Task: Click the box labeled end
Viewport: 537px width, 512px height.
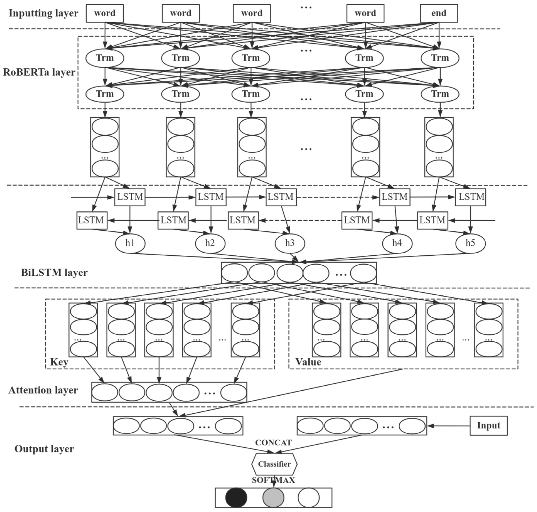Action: click(x=439, y=13)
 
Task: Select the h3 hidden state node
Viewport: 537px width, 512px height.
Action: click(x=290, y=243)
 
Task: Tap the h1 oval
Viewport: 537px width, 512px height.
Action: click(x=130, y=243)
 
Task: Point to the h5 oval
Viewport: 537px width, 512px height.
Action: click(x=470, y=243)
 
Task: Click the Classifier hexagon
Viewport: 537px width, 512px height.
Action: click(x=274, y=464)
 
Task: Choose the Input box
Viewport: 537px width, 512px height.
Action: click(x=488, y=425)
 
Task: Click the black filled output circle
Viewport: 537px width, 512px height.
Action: click(x=236, y=498)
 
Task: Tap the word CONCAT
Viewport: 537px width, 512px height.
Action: click(x=273, y=443)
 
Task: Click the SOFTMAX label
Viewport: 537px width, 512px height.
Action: click(x=273, y=480)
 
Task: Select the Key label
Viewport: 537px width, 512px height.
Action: click(x=59, y=362)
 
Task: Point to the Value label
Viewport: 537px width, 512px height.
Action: click(x=308, y=362)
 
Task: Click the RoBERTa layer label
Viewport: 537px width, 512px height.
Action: click(x=39, y=72)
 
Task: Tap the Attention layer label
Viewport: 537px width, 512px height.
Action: click(x=43, y=390)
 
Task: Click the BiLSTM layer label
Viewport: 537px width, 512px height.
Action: click(x=54, y=272)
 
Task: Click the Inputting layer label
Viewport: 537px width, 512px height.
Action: click(x=43, y=13)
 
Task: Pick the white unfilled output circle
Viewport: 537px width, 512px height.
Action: click(x=308, y=498)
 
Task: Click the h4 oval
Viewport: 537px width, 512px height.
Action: click(x=397, y=243)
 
